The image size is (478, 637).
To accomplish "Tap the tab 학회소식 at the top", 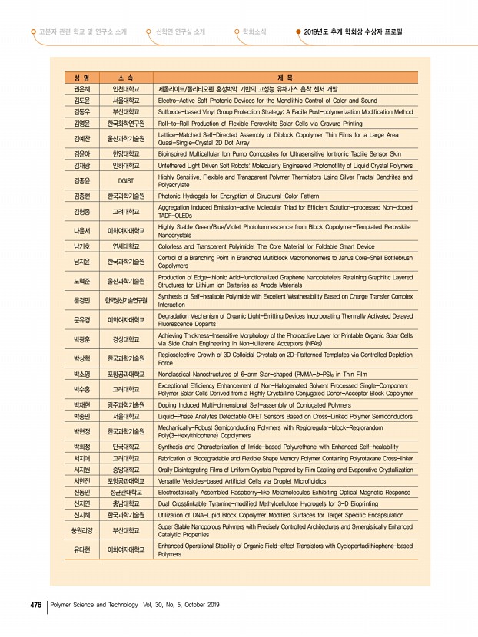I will coord(254,32).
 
